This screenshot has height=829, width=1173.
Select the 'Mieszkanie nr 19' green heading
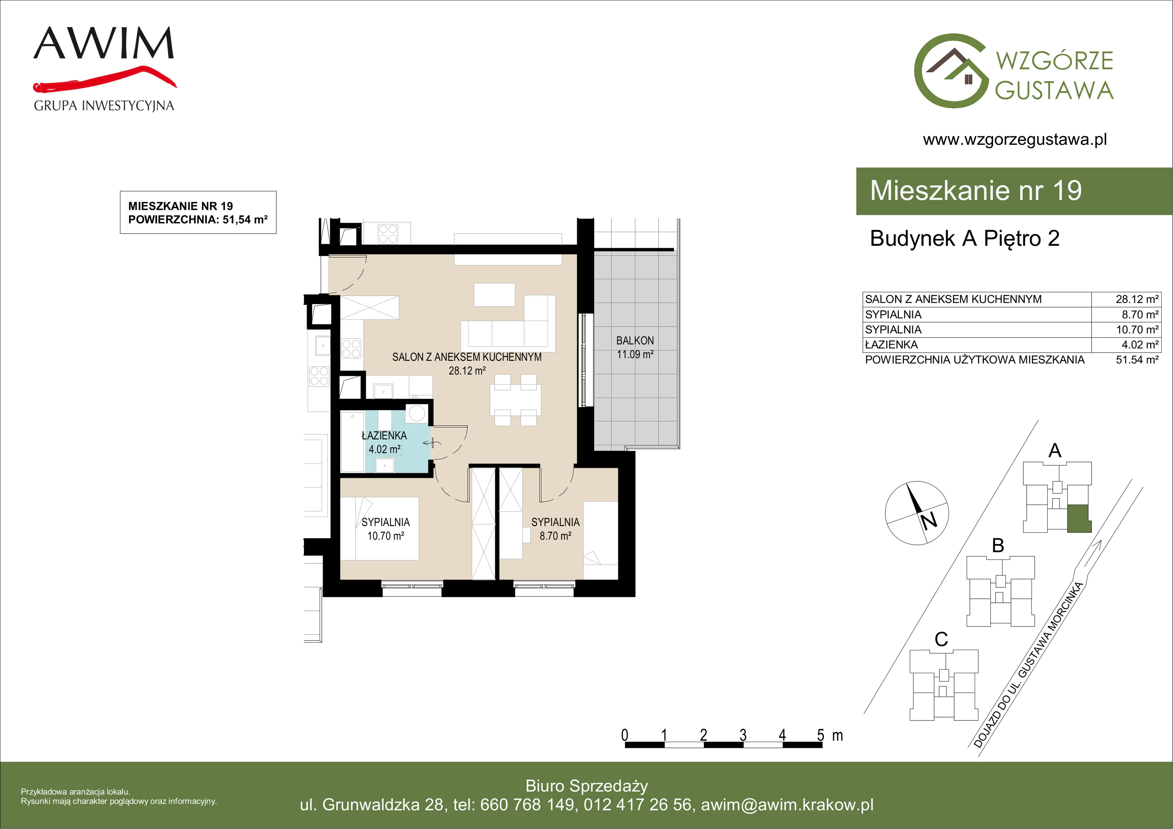[976, 191]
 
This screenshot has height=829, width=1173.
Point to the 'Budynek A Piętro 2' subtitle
[964, 239]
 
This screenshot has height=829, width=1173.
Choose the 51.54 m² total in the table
[1137, 360]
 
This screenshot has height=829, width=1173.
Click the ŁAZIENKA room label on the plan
[384, 443]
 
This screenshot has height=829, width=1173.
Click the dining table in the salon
[515, 400]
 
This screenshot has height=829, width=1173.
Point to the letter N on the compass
[929, 520]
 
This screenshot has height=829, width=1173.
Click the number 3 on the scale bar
[743, 735]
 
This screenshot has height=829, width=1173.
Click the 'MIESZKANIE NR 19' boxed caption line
[180, 206]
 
